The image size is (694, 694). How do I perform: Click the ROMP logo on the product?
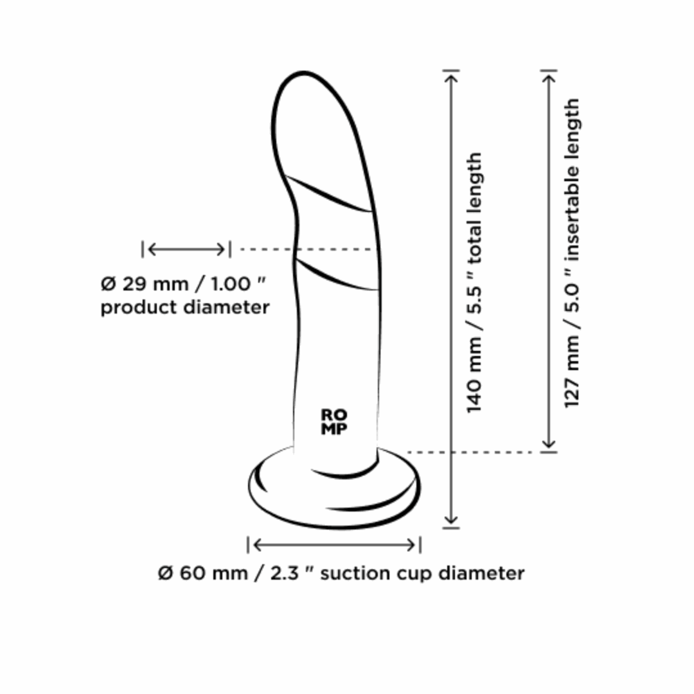[x=334, y=422]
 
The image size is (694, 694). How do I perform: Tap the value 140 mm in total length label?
[x=474, y=375]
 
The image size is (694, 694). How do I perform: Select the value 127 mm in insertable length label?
[x=572, y=371]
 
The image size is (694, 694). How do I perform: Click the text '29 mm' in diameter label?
[x=155, y=284]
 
